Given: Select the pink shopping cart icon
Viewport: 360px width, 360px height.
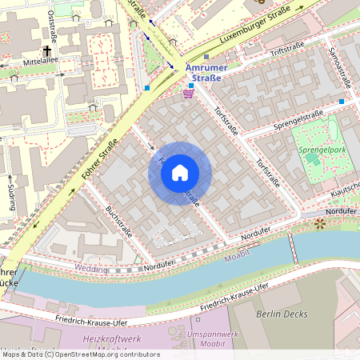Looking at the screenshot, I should (x=188, y=94).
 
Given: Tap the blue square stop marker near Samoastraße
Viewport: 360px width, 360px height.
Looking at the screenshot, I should (x=342, y=102).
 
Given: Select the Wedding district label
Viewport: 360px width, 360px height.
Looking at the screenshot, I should (x=91, y=269).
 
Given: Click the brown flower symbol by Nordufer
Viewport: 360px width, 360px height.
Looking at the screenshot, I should (x=320, y=223).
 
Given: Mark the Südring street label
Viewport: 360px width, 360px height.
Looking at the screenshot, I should (x=10, y=194).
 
